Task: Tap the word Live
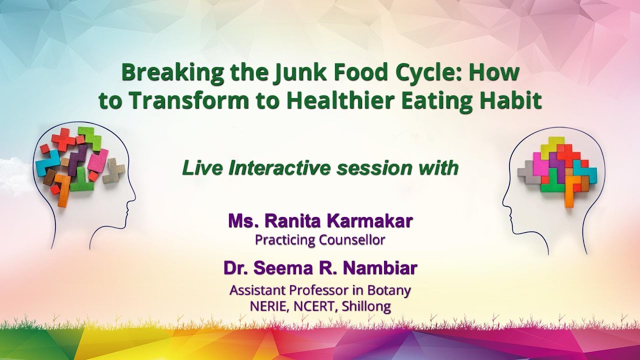click(202, 168)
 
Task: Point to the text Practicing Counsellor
click(320, 240)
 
